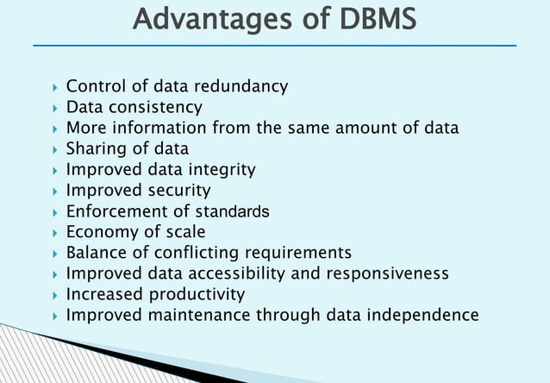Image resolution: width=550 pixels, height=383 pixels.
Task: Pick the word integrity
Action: (x=216, y=170)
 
